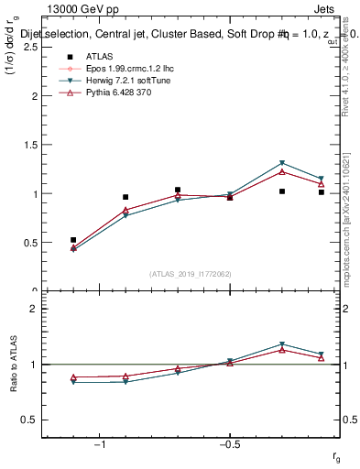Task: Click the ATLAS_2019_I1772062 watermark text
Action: (191, 274)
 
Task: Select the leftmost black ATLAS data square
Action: (73, 240)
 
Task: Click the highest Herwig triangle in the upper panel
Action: (282, 163)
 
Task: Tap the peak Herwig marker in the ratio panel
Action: (282, 344)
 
